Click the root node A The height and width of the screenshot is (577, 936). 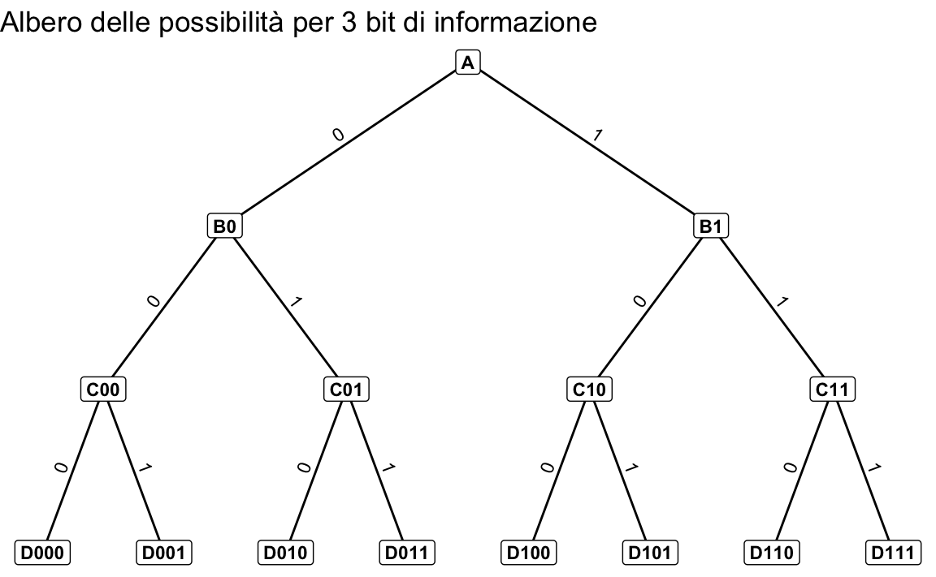point(467,62)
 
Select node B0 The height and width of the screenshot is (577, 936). point(224,226)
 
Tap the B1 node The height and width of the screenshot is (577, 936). point(710,226)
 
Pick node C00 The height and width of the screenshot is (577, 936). point(103,390)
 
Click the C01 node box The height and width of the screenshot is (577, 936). point(346,390)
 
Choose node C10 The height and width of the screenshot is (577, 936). point(589,390)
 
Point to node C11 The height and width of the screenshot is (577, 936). point(832,390)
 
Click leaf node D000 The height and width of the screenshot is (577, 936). point(42,553)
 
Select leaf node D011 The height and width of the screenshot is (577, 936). point(407,553)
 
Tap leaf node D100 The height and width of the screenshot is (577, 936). point(528,553)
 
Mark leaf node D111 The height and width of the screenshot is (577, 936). point(893,553)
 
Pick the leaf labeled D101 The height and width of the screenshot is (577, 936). point(650,553)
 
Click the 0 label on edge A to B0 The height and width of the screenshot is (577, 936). point(339,136)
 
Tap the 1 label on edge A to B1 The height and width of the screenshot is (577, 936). point(597,136)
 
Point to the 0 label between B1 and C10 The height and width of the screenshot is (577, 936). point(640,302)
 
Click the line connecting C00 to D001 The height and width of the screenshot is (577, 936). point(133,471)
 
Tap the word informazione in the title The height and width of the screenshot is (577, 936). point(516,23)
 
